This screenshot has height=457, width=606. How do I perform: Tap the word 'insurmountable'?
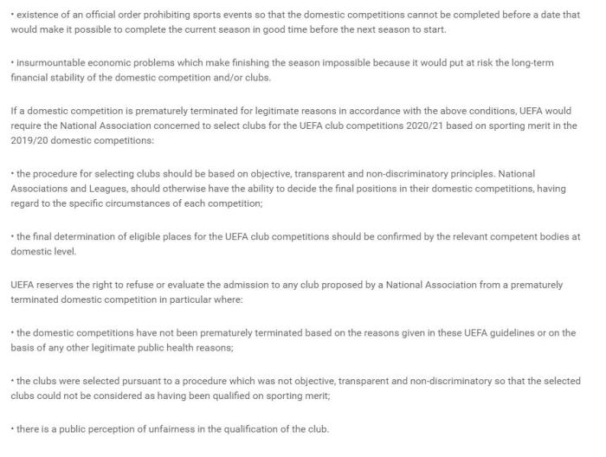point(50,64)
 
